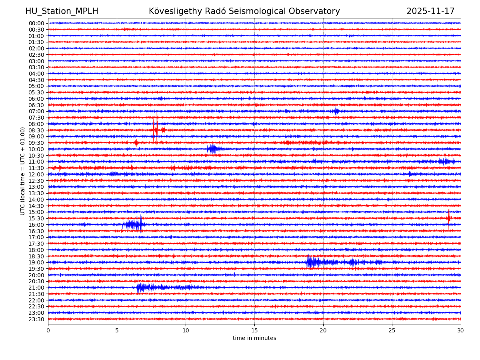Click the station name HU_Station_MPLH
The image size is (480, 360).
[x=62, y=11]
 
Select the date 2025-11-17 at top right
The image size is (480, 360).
[x=430, y=11]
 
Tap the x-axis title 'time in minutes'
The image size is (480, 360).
[x=254, y=338]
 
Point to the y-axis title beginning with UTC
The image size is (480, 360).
[x=23, y=171]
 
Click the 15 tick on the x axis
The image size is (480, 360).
[x=254, y=330]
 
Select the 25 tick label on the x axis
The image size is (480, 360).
[x=392, y=330]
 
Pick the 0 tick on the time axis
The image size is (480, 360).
[x=48, y=330]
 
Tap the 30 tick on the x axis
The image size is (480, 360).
[x=461, y=330]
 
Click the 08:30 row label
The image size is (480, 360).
[x=36, y=130]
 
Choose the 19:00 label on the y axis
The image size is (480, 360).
[x=36, y=262]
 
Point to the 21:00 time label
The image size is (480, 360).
[x=36, y=288]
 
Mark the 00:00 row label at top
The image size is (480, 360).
[x=36, y=23]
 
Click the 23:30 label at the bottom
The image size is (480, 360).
[x=36, y=319]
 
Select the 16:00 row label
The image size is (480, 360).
[x=36, y=225]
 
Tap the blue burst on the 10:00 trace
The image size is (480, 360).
[x=212, y=149]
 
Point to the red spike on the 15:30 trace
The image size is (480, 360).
[x=449, y=218]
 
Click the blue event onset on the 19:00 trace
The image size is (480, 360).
[x=308, y=262]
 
